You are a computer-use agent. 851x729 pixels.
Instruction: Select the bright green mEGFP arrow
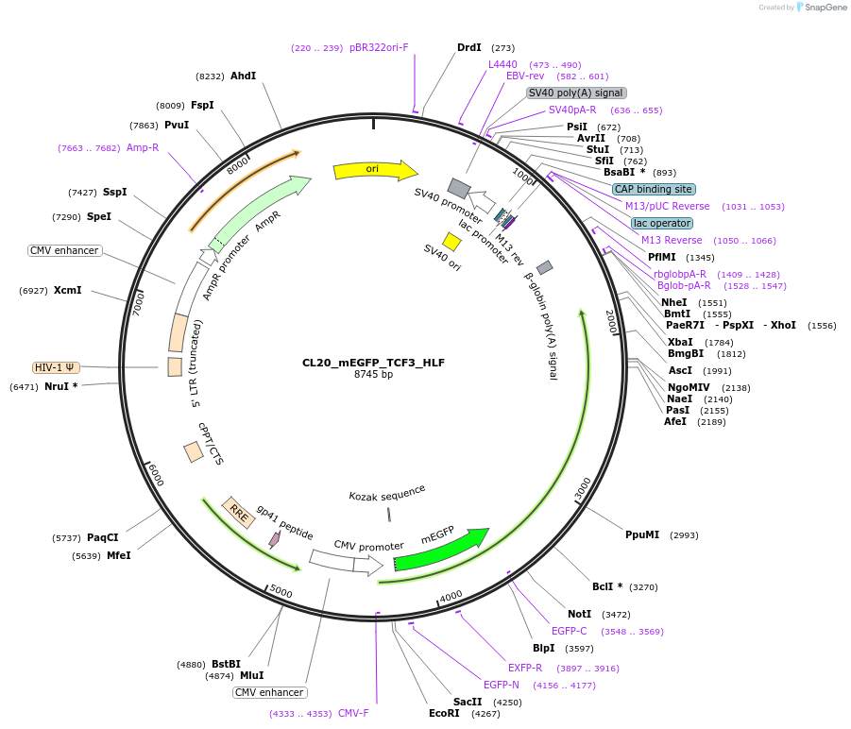[440, 551]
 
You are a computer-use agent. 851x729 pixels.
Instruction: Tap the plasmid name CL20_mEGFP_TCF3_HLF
[373, 363]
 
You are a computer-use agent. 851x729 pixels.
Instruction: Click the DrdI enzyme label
[469, 47]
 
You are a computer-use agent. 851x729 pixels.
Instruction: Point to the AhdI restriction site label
[244, 76]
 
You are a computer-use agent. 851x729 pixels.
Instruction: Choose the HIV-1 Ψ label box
[56, 367]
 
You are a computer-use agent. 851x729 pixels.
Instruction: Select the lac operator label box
[661, 223]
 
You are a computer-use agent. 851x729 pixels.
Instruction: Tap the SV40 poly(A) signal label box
[576, 93]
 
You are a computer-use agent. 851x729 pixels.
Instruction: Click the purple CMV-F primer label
[353, 713]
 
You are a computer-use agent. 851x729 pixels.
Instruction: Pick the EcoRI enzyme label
[444, 713]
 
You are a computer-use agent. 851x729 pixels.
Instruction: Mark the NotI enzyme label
[580, 614]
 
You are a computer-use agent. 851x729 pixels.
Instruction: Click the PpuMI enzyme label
[642, 534]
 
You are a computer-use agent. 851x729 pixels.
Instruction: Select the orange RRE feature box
[235, 511]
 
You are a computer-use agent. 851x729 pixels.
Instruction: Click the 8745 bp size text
[373, 375]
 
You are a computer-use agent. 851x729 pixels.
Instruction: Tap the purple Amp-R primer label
[143, 147]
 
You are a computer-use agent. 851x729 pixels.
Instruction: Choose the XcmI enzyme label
[67, 290]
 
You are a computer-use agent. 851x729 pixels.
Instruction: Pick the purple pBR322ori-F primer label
[379, 47]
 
